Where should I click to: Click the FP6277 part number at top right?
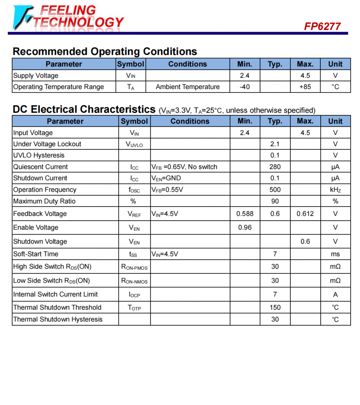coord(322,26)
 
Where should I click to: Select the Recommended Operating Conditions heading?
coord(105,51)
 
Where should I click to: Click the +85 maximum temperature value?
coord(305,87)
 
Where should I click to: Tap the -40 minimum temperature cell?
coord(245,87)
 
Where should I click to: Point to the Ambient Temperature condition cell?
coord(187,87)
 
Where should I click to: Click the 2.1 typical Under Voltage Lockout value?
coord(275,144)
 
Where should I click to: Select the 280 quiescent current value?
coord(275,166)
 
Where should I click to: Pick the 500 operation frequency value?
coord(275,190)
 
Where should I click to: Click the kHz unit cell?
coord(335,190)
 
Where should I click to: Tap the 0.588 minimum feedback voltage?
coord(245,213)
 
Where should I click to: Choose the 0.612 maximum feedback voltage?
coord(305,213)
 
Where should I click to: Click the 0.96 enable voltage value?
coord(245,227)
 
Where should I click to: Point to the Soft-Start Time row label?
coord(36,254)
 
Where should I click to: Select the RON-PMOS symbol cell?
coord(134,267)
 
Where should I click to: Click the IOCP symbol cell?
coord(134,294)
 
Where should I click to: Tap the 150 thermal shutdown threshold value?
coord(275,307)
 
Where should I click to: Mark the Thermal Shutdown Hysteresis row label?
coord(58,319)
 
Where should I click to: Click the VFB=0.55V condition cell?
coord(167,190)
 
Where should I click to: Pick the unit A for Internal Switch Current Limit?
coord(335,294)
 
